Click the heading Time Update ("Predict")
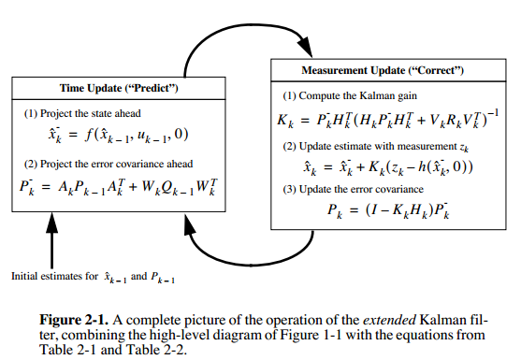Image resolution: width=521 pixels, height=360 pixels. click(x=121, y=88)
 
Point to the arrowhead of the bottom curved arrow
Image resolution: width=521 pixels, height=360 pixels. click(x=192, y=240)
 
